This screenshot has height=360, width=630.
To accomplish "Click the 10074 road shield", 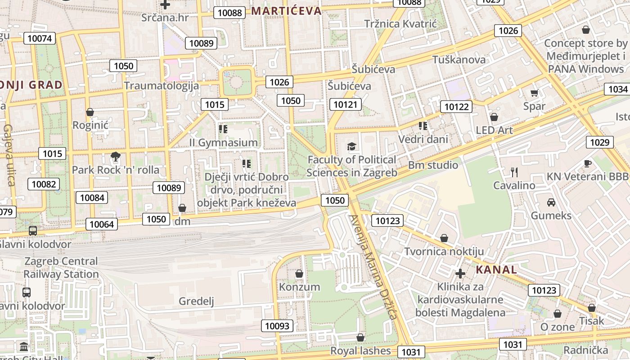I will point(40,38).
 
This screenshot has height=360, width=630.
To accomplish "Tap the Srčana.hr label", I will point(165,18).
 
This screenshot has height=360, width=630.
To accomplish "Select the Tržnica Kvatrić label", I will point(400,24).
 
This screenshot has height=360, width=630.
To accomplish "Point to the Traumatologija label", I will point(161,85).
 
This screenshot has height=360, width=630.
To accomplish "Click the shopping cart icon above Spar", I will point(534,93).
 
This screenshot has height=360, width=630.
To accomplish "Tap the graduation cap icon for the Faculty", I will point(351,146).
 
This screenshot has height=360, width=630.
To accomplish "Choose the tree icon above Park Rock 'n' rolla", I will point(116,157).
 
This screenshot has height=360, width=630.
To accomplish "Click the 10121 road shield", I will point(345,105).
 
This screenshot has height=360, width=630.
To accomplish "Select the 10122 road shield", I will point(456,107).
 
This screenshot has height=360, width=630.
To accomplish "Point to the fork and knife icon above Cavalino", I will point(514,172).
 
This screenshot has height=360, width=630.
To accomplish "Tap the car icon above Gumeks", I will point(551,202).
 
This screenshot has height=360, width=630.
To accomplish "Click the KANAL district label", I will point(496,270).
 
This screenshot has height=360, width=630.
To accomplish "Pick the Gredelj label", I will point(196,301).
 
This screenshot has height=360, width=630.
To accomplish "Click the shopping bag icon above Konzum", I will point(299,274).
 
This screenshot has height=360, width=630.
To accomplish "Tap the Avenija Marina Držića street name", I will point(373,267).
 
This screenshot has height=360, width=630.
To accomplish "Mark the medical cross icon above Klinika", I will point(460,273).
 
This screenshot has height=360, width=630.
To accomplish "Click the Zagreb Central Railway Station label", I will point(61,267).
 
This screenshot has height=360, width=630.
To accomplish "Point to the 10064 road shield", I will point(103,224).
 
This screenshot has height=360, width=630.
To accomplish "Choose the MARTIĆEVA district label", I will point(287,11).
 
